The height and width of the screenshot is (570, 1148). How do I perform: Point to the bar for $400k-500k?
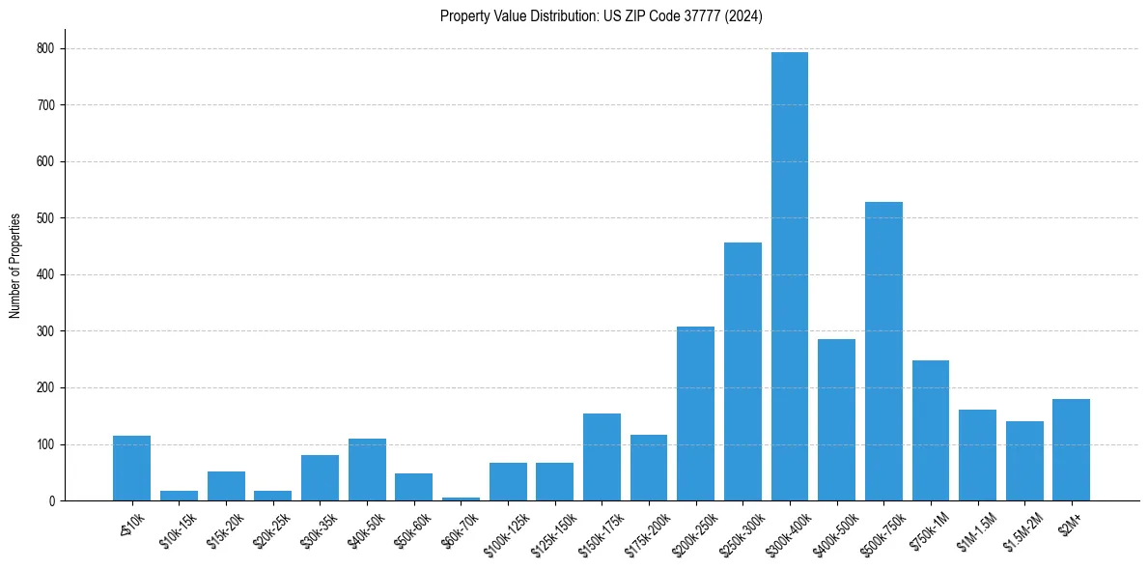pos(836,420)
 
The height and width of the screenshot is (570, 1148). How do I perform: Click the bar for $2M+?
pos(1071,450)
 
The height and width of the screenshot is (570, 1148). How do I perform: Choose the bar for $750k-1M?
pos(931,431)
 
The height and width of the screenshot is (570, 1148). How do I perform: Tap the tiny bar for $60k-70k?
pos(461,499)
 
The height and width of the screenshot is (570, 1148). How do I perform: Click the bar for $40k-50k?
pos(367,470)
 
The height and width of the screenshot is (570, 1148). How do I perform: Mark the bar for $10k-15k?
pos(179,496)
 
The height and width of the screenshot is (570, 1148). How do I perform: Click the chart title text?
pos(601,16)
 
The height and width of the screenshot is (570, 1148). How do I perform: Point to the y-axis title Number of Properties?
pos(15,266)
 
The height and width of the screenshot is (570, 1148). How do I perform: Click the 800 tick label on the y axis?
pos(46,48)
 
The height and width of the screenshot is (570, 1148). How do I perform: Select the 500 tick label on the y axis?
pos(46,218)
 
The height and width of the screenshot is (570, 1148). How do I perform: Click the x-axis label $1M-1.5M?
pos(973,531)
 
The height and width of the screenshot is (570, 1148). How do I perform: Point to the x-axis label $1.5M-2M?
pos(1021,531)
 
